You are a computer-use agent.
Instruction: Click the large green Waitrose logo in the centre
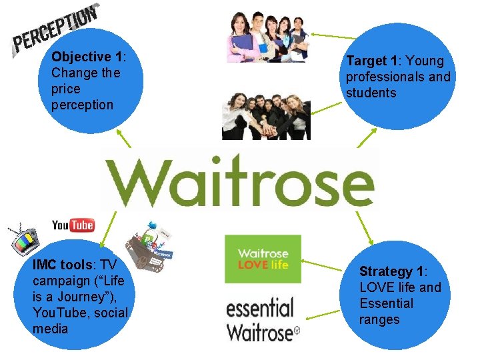pos(239,181)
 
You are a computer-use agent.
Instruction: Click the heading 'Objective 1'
pos(86,57)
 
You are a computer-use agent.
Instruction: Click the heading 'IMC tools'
pos(63,265)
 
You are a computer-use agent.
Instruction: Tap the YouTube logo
pos(73,225)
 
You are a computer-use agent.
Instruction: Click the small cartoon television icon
pos(24,239)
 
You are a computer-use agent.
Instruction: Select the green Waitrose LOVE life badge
pos(263,259)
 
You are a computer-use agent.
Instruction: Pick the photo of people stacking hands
pos(265,116)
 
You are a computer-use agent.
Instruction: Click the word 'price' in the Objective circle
pos(65,89)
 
